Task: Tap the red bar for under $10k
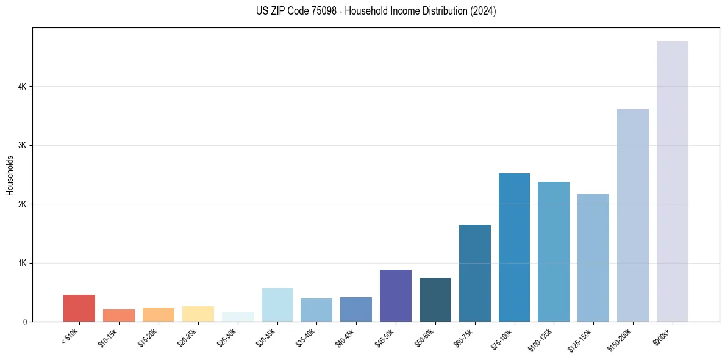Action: pos(79,308)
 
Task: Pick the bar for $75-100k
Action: pos(514,247)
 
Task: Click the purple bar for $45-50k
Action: pos(395,295)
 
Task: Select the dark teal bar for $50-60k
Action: pos(435,300)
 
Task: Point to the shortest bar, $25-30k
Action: pos(237,317)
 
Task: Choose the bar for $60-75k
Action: pos(474,273)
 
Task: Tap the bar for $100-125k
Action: pos(554,251)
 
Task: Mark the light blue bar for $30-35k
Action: pos(277,304)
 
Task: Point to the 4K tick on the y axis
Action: pos(23,87)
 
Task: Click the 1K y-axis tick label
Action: pos(23,263)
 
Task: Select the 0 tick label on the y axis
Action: pos(25,322)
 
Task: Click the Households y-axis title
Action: pos(10,175)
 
